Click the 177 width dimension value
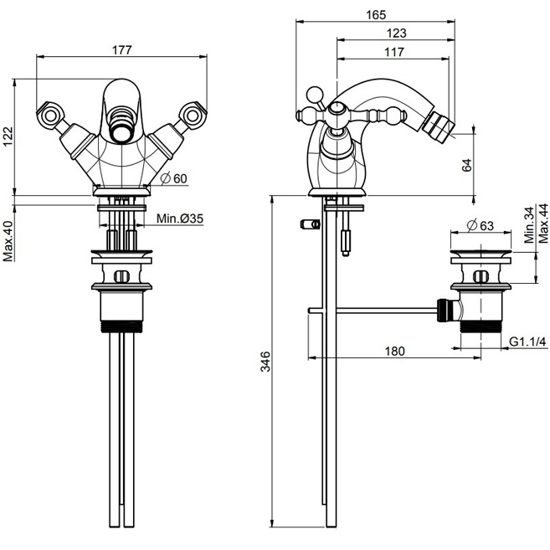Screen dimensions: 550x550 121,49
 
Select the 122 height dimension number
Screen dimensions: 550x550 8,136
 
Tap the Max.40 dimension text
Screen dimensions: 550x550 8,241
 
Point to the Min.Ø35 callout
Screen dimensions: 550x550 180,218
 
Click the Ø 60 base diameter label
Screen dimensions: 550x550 173,178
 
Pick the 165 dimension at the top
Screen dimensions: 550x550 376,15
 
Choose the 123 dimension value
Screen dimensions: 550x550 396,33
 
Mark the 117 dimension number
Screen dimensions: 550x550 394,52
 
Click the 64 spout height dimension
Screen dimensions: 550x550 466,165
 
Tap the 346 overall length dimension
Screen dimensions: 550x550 265,362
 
